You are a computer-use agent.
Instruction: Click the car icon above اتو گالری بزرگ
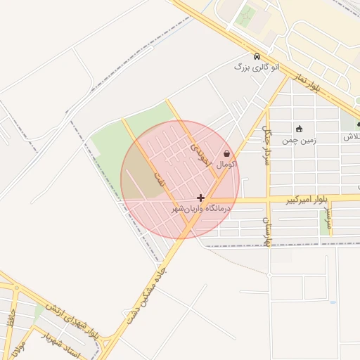pos(257,56)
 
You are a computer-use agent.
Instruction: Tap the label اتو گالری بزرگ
pos(257,67)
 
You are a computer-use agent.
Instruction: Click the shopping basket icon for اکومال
pos(226,153)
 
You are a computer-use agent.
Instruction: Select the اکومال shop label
pos(226,164)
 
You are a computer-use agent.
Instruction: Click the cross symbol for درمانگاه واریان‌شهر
pos(201,198)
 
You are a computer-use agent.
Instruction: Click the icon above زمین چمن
pos(300,129)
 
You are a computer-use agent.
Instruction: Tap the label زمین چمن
pos(300,140)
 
